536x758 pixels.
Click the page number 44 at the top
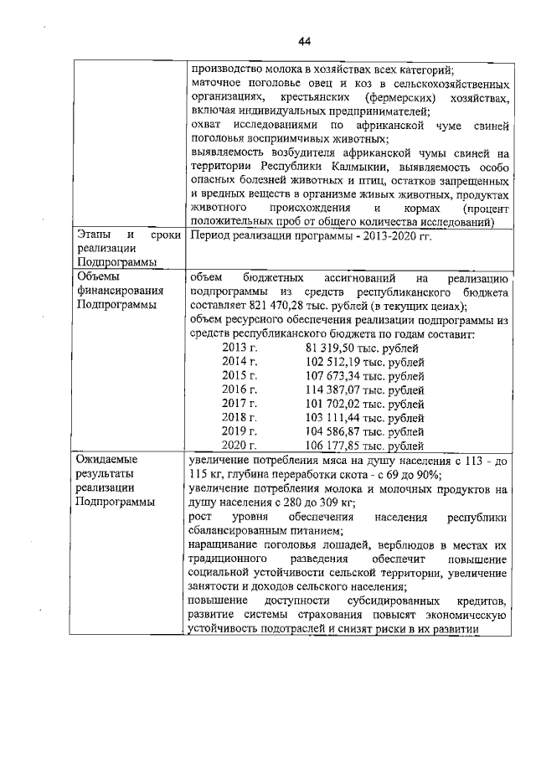click(x=304, y=42)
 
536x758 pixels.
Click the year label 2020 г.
click(x=239, y=446)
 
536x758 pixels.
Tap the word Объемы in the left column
click(x=98, y=276)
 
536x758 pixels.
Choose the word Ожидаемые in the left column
click(x=106, y=460)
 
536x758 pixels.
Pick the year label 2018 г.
click(x=239, y=417)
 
